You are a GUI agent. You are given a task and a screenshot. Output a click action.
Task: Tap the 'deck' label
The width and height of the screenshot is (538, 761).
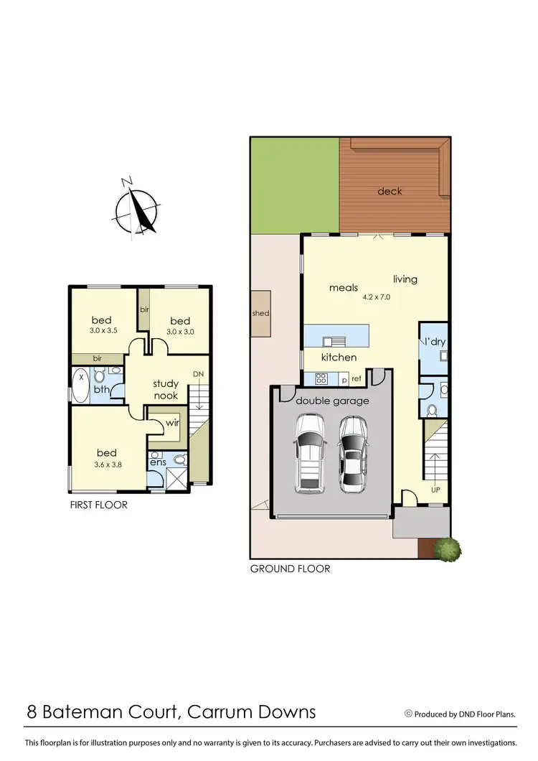(390, 191)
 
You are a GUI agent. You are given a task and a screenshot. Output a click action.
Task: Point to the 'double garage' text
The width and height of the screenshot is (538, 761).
(332, 401)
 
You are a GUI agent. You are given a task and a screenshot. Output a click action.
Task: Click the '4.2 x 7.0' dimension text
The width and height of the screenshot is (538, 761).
(377, 296)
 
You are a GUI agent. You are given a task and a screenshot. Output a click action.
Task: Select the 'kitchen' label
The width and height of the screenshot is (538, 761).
(339, 357)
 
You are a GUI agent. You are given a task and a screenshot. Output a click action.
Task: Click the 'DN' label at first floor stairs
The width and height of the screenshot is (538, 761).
(198, 374)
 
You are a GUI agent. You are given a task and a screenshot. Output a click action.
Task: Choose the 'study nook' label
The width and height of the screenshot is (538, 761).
(166, 389)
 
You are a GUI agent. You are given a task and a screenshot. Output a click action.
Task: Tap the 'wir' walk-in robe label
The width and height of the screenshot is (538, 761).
(171, 423)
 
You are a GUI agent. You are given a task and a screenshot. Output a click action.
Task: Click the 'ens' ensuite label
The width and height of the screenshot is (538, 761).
(158, 462)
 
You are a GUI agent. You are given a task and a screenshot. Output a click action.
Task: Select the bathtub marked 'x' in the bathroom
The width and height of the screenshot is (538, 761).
(80, 385)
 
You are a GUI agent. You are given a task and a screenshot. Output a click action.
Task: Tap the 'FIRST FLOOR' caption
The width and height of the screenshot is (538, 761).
(98, 505)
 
